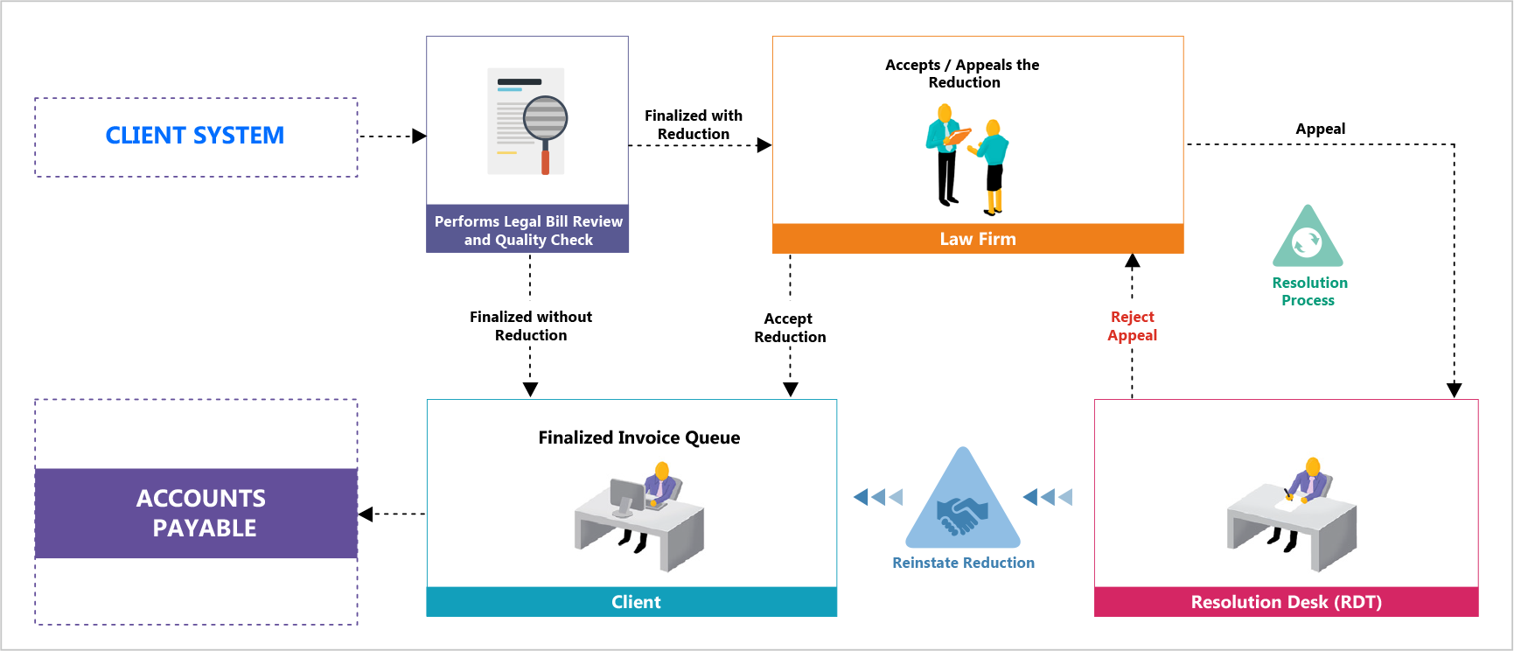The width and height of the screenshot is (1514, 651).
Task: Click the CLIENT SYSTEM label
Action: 195,136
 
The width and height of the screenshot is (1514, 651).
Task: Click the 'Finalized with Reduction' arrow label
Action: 694,124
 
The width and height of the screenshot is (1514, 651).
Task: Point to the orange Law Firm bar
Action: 978,239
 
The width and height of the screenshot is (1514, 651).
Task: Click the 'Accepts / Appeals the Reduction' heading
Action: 963,73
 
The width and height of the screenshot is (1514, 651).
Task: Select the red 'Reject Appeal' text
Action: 1133,325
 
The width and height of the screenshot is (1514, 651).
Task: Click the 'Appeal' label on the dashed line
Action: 1321,129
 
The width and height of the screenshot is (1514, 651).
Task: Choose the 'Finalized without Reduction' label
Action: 531,325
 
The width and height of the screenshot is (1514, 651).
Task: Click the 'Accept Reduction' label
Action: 790,327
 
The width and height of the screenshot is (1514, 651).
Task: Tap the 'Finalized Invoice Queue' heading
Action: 639,437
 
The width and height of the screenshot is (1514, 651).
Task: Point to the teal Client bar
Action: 631,602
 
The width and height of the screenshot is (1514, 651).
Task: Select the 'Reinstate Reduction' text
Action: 963,563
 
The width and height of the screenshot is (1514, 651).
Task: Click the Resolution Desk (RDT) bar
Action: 1287,602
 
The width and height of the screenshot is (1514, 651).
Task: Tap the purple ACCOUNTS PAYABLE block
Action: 196,514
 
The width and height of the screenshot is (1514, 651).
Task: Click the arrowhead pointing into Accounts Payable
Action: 366,514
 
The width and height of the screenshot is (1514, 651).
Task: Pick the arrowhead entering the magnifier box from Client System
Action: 420,136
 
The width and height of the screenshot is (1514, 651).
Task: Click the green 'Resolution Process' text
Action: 1309,291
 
